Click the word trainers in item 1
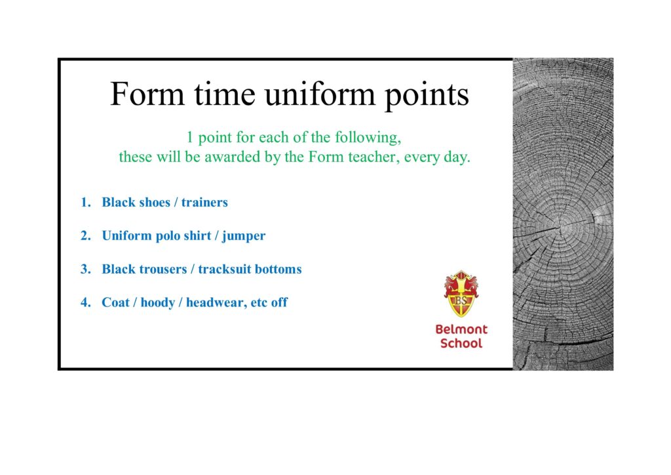[204, 202]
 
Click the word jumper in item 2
[244, 236]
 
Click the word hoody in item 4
[158, 303]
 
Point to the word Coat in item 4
[115, 302]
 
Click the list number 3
[86, 269]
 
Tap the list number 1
[86, 202]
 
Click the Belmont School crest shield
[461, 294]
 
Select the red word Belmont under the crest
[461, 329]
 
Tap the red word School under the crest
[461, 343]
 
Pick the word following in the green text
[368, 138]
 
